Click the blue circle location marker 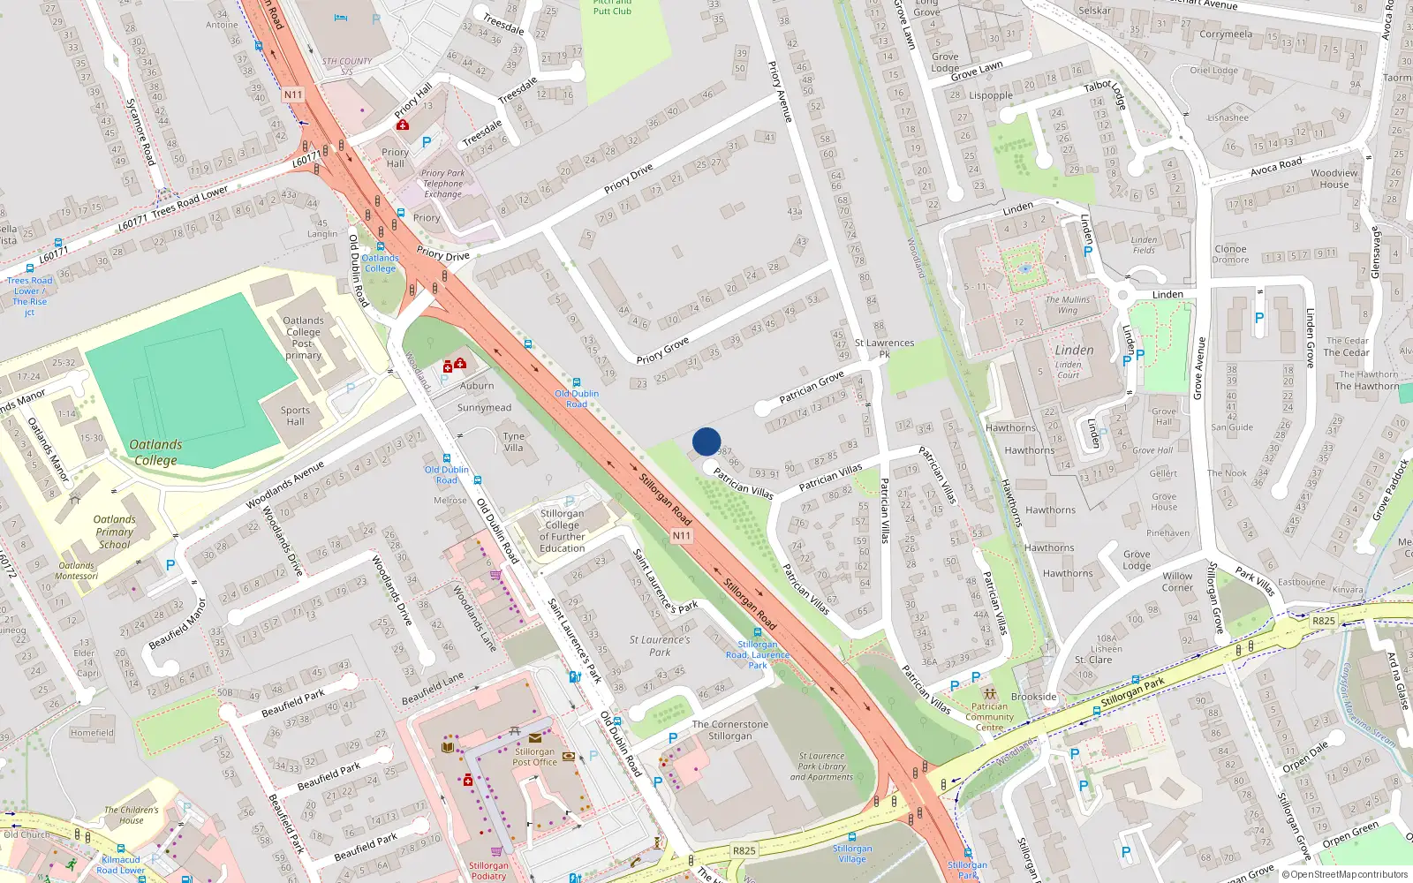pos(706,441)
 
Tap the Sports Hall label pos(295,416)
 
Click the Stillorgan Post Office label pos(535,757)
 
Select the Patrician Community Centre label pos(989,717)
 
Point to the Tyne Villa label pos(514,441)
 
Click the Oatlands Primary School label pos(115,532)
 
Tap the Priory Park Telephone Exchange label pos(442,184)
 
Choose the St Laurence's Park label pos(660,645)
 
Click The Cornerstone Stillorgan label pos(730,730)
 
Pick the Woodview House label pos(1334,178)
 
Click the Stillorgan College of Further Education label pos(563,531)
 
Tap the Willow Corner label pos(1177,581)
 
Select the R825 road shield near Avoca pos(1323,621)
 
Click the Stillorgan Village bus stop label pos(852,853)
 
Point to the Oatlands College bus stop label pos(381,263)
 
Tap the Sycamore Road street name pos(140,131)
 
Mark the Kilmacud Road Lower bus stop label pos(121,864)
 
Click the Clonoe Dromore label pos(1230,254)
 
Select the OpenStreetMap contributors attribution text pos(1349,875)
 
